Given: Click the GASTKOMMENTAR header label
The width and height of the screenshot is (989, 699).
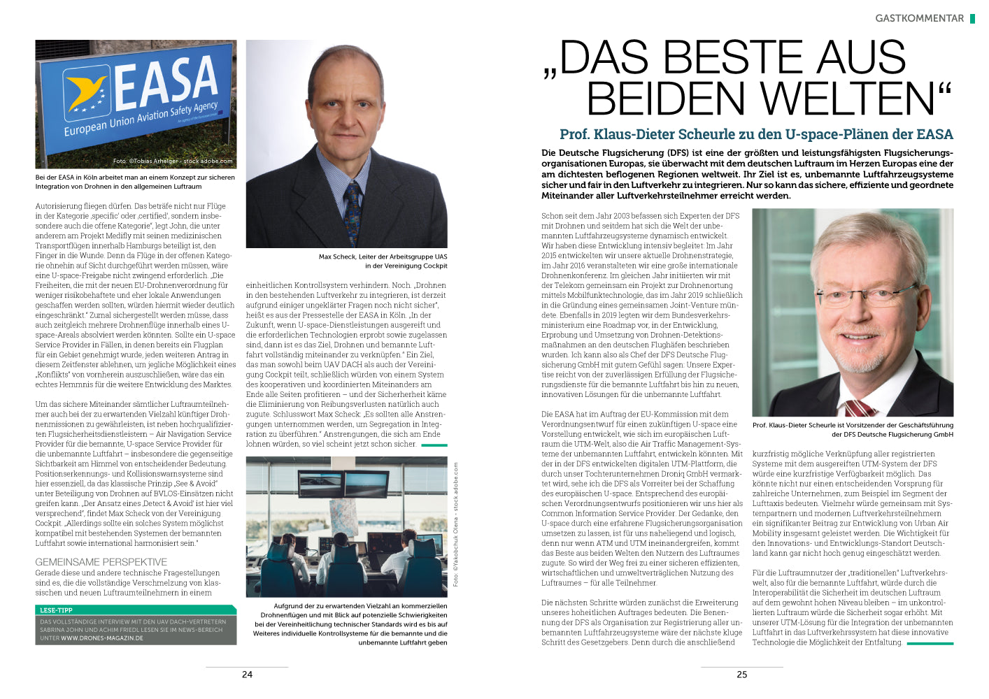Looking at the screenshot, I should pos(919,19).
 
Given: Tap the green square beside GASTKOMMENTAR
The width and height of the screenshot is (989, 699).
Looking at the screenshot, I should pos(972,19).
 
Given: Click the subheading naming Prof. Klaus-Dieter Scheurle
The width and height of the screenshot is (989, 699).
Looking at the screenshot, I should pos(756,134).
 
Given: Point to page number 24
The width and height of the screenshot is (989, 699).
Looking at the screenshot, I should pos(247,675).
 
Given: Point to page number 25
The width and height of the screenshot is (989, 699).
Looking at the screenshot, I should pos(742,675).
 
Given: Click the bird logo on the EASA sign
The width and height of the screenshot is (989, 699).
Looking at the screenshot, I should pos(86,94).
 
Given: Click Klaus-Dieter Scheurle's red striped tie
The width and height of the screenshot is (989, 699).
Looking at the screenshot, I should pos(859,407).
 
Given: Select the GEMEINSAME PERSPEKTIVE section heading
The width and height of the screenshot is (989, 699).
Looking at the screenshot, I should pos(101,562).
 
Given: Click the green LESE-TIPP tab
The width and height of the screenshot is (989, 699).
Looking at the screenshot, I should pos(56,610).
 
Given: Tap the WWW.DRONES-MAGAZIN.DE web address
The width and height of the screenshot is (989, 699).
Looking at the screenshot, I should pos(102,638).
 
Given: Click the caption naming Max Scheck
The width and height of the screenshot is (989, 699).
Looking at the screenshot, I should pos(383,261).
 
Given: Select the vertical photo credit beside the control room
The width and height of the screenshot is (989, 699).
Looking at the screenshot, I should pos(456,524).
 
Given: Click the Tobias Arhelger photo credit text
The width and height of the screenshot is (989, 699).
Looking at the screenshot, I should pos(173,161).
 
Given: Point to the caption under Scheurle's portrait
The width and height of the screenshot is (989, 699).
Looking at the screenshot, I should pos(853,429).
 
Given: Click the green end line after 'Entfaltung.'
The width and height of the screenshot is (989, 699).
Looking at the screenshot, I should pos(930,643).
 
